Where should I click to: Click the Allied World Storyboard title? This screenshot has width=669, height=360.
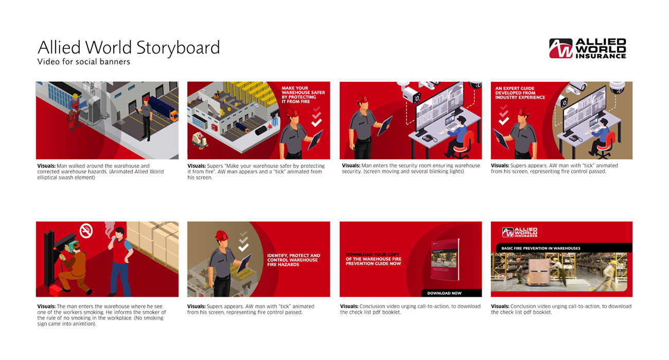(129, 48)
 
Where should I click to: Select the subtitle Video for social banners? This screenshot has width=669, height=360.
(83, 62)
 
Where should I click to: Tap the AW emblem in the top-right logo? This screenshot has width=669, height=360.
(560, 48)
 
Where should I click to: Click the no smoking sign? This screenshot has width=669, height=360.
(86, 231)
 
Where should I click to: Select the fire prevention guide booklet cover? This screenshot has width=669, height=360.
(445, 259)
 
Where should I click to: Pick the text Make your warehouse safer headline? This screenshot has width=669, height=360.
(303, 95)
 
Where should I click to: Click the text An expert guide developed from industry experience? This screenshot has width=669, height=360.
(520, 93)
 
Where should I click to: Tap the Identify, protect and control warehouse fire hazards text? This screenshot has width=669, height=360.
(293, 260)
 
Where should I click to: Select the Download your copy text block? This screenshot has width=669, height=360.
(373, 259)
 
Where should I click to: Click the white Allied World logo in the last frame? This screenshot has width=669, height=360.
(520, 232)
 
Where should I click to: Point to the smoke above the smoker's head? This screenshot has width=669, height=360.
(109, 229)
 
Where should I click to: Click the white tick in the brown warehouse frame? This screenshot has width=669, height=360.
(243, 247)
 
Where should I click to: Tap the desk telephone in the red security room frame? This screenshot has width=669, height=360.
(428, 138)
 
